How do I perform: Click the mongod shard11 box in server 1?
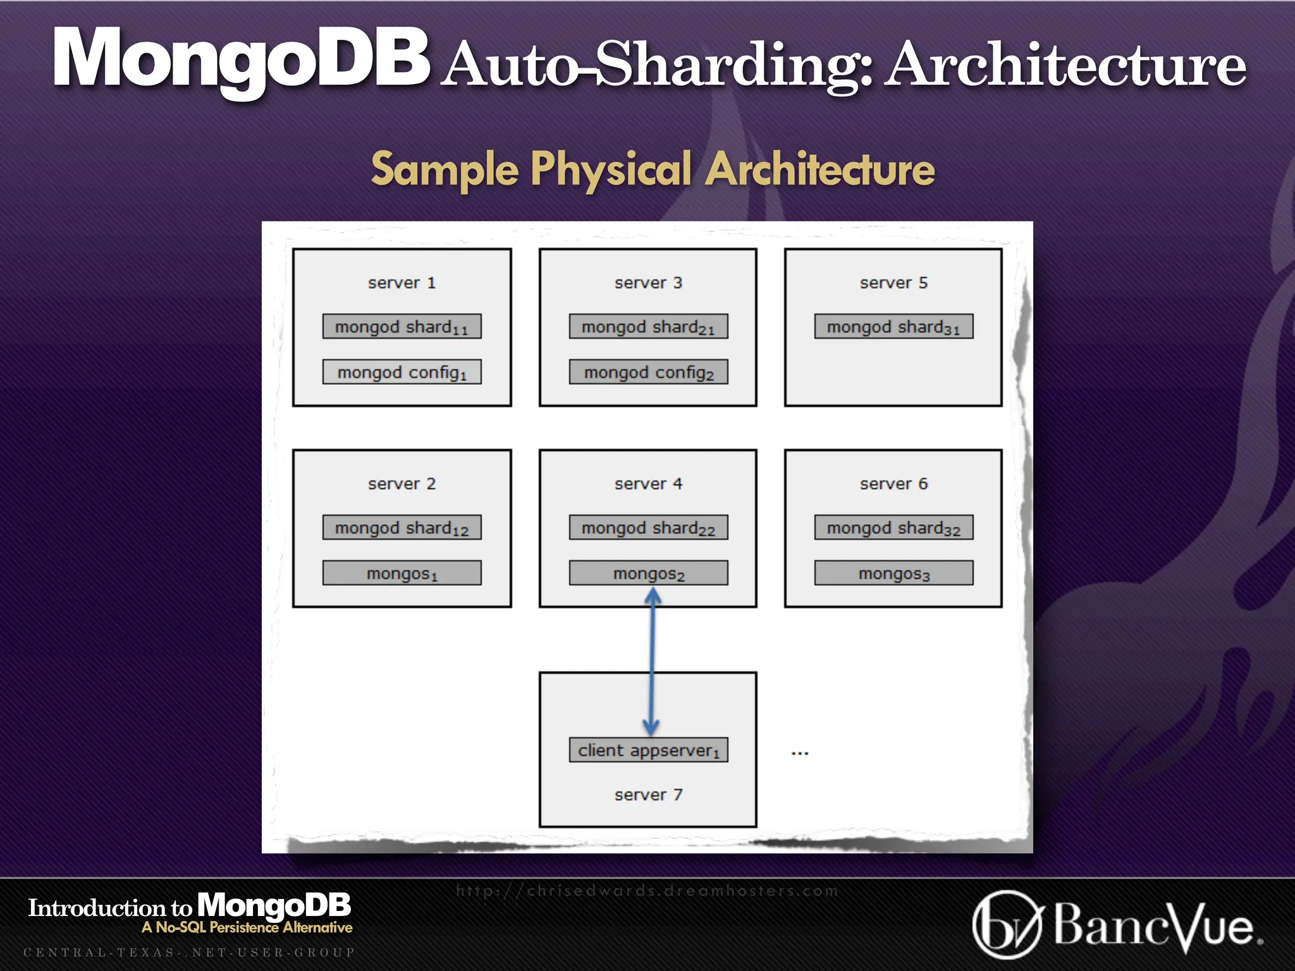click(x=402, y=326)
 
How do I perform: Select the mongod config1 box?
click(x=402, y=372)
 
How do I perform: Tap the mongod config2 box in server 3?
click(x=648, y=372)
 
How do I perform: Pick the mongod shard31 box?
click(x=893, y=326)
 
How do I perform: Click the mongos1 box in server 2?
click(x=402, y=573)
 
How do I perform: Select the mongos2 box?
click(x=648, y=573)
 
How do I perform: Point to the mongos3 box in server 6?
click(x=893, y=573)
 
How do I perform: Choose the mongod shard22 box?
click(x=648, y=527)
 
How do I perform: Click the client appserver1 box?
click(x=648, y=750)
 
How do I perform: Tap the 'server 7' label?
click(x=648, y=795)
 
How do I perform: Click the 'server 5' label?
click(x=893, y=283)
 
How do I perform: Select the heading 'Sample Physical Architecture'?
click(x=653, y=169)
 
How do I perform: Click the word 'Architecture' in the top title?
click(x=1065, y=64)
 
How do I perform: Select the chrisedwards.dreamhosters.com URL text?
click(x=647, y=891)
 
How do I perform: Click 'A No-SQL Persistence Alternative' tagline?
click(x=247, y=927)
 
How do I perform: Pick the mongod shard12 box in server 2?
click(x=402, y=527)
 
